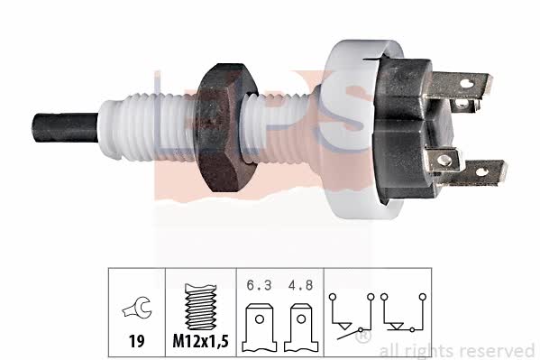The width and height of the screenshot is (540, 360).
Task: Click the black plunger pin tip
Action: coord(65,127)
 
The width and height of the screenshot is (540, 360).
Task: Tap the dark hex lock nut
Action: coord(225,127)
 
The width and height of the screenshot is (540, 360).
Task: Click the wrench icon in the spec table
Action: coord(137,308)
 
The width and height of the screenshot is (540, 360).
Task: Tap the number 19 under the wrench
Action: coord(136,341)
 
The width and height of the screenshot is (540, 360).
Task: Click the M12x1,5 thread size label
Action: coord(200,341)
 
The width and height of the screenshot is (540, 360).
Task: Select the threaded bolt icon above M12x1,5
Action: coord(200,307)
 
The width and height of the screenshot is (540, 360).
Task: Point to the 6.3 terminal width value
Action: coord(259,285)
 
